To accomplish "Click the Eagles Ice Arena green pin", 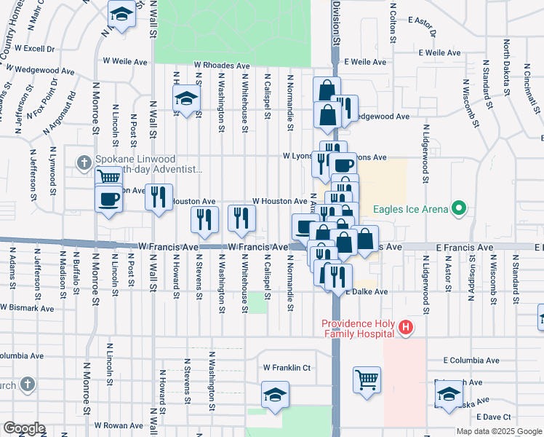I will pyautogui.click(x=458, y=210).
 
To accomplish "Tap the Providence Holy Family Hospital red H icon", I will pyautogui.click(x=406, y=329).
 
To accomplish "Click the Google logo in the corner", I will pyautogui.click(x=23, y=428).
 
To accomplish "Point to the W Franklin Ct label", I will pyautogui.click(x=287, y=368).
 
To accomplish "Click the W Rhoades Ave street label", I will pyautogui.click(x=221, y=65).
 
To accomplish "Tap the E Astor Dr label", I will pyautogui.click(x=422, y=26).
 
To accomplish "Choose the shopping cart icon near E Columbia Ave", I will pyautogui.click(x=367, y=379).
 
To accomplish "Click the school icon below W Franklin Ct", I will pyautogui.click(x=276, y=395).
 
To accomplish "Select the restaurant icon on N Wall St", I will pyautogui.click(x=158, y=197).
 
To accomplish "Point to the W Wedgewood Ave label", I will pyautogui.click(x=48, y=72).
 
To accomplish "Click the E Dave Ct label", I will pyautogui.click(x=495, y=417).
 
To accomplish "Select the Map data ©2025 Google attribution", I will pyautogui.click(x=499, y=431).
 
